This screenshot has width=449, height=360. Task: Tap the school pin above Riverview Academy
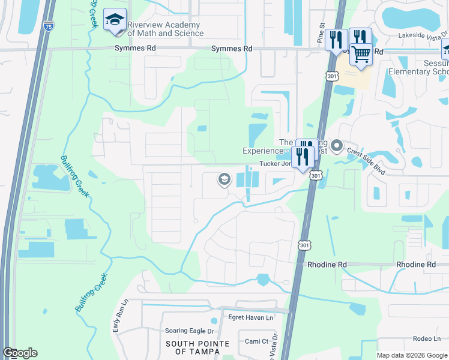click(x=114, y=20)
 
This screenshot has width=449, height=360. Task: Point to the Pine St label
click(x=321, y=34)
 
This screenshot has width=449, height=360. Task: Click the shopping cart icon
click(x=361, y=54)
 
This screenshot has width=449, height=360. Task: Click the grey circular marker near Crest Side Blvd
click(x=337, y=145)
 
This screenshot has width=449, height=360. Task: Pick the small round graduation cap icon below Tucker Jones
click(x=224, y=179)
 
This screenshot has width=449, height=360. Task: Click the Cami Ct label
click(x=256, y=341)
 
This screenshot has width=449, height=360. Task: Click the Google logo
click(x=20, y=353)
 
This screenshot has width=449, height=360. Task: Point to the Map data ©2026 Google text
click(x=411, y=355)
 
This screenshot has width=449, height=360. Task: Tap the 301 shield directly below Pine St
click(x=332, y=76)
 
